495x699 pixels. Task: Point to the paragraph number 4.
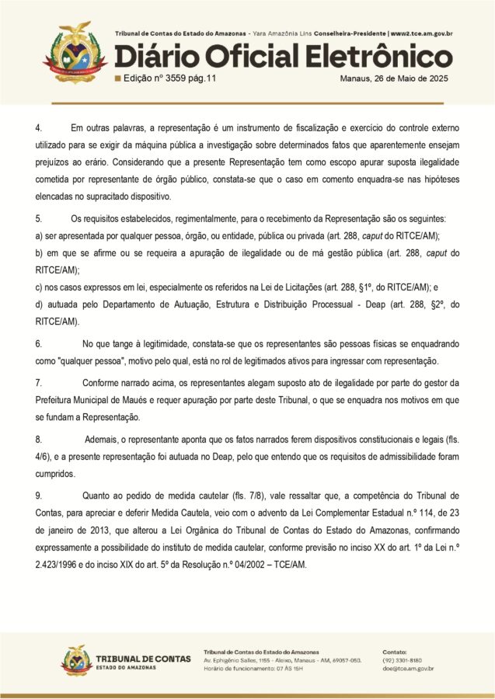[x=38, y=127]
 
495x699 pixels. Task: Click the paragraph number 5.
[x=38, y=220]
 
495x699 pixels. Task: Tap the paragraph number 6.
[x=38, y=343]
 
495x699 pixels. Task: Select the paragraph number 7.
[x=38, y=383]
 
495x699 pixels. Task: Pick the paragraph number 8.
[x=38, y=439]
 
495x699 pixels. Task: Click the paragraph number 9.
[x=38, y=495]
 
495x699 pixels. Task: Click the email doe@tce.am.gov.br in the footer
[x=408, y=669]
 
